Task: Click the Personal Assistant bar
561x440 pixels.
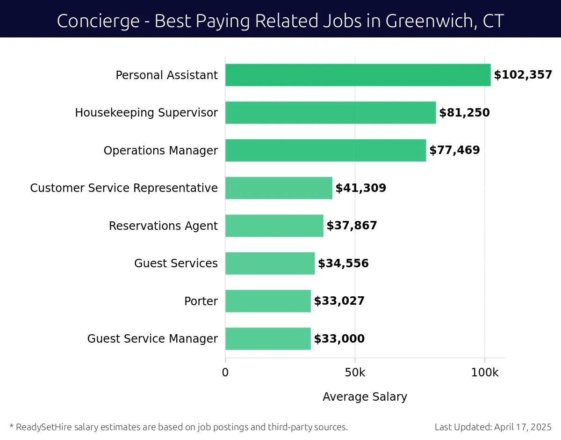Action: (358, 75)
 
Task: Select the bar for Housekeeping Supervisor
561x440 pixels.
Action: (331, 113)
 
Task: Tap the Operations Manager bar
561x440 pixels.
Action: (325, 150)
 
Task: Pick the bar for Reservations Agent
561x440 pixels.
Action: (274, 226)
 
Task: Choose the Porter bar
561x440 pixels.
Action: (268, 301)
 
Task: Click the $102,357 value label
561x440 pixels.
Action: (523, 75)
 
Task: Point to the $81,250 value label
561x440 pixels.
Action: (464, 113)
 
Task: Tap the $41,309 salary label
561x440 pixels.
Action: (360, 188)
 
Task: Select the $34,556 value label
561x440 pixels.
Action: (343, 264)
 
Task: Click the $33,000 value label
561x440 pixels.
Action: (339, 339)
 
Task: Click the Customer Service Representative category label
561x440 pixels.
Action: (124, 188)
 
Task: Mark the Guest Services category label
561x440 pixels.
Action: (176, 264)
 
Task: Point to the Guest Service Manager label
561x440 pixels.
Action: (152, 339)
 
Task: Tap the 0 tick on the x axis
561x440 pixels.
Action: (225, 373)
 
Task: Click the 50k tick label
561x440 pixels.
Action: (355, 373)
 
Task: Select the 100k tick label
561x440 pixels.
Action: (484, 373)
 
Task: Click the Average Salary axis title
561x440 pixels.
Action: (365, 397)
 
